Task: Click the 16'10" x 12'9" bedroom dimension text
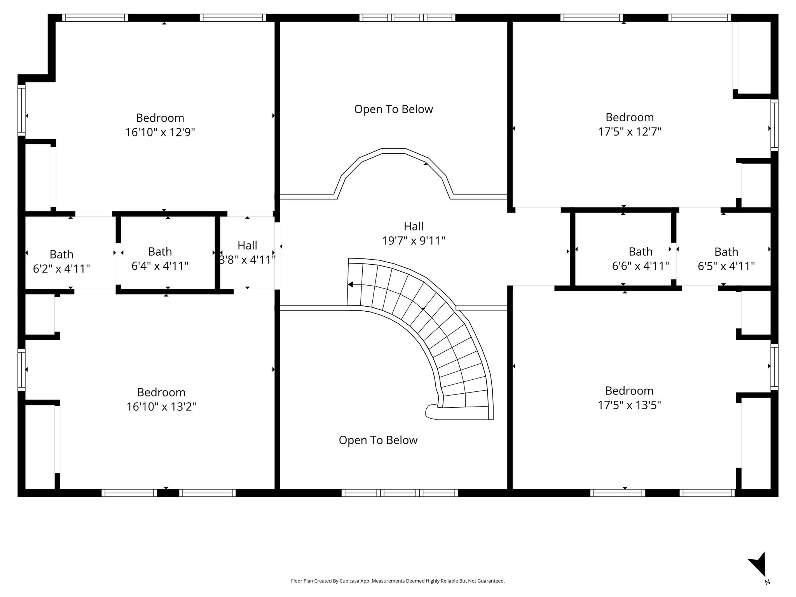tap(160, 133)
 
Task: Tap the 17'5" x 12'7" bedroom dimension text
tap(630, 132)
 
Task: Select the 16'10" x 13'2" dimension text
tap(161, 407)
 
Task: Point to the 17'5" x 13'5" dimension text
tap(629, 405)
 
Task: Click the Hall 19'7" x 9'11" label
tap(414, 234)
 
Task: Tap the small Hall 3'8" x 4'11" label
tap(248, 253)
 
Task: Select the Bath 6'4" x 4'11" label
tap(160, 259)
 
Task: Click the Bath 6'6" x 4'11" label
tap(641, 259)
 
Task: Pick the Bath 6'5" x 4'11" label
tap(726, 259)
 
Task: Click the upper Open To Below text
tap(393, 110)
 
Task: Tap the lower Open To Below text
tap(378, 440)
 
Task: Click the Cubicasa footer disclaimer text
tap(398, 581)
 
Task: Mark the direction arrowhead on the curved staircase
tap(350, 285)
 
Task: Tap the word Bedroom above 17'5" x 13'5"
tap(629, 391)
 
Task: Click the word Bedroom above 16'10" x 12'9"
tap(160, 118)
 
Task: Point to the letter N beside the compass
tap(767, 582)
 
